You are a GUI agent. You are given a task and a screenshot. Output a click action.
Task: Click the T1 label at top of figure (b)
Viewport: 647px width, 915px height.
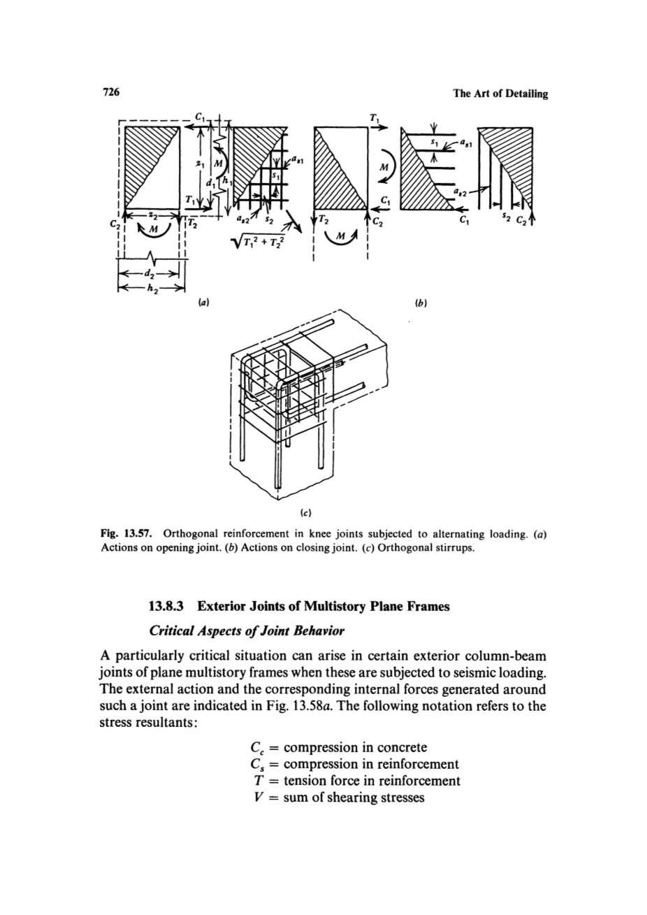click(342, 118)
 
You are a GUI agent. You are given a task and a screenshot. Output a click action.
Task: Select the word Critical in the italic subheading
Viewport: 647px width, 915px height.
click(175, 633)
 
